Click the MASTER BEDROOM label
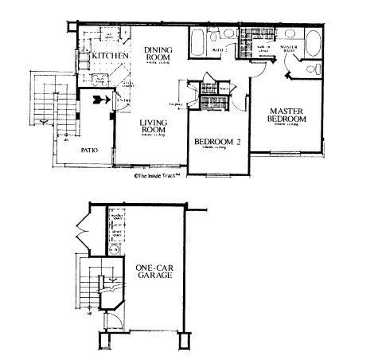tap(288, 115)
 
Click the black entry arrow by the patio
tap(99, 101)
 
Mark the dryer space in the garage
tap(116, 234)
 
